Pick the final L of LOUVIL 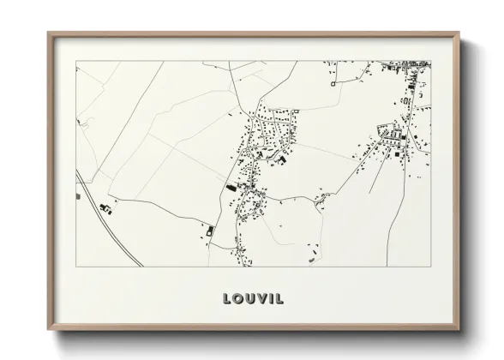pos(280,299)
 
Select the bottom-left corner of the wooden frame pos(48,332)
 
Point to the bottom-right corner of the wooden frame pos(459,332)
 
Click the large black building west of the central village pos(230,186)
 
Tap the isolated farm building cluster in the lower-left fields pos(106,207)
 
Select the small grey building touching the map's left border pos(78,195)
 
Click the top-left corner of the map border pos(76,61)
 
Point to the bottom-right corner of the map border pos(430,266)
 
